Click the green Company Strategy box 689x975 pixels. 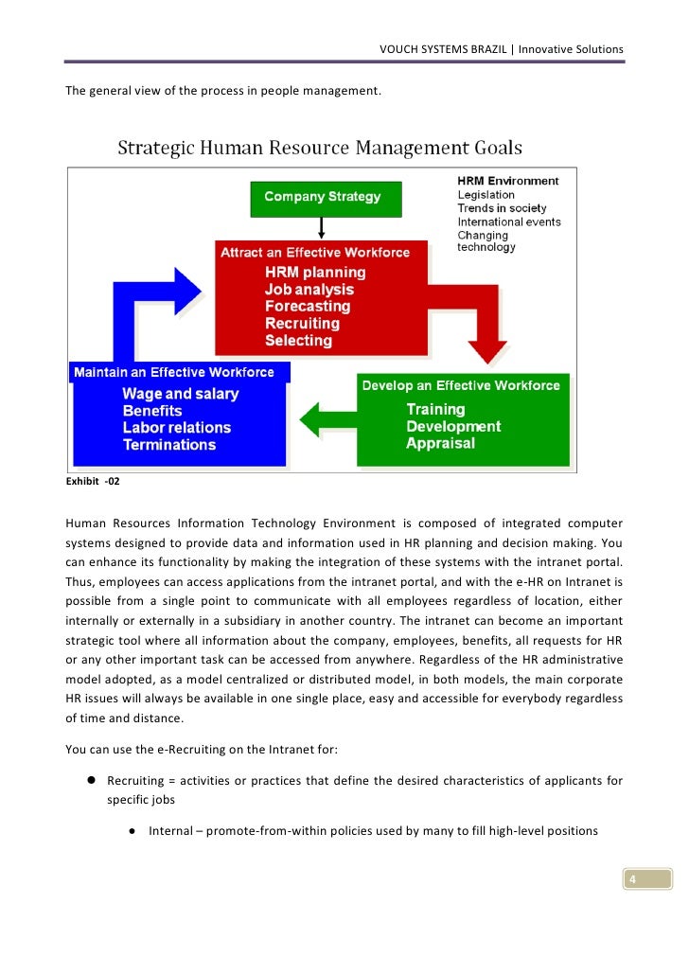pyautogui.click(x=323, y=198)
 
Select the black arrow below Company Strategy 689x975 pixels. pyautogui.click(x=323, y=227)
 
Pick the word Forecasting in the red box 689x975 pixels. pyautogui.click(x=308, y=307)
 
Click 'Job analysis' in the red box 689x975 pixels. pyautogui.click(x=309, y=290)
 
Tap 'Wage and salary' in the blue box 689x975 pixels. pyautogui.click(x=181, y=394)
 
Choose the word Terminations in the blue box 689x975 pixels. pyautogui.click(x=169, y=445)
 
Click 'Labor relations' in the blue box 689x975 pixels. pyautogui.click(x=177, y=428)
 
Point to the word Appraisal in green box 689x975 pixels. pyautogui.click(x=440, y=443)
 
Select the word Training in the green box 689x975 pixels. pyautogui.click(x=435, y=409)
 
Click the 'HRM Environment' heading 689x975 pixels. pyautogui.click(x=507, y=181)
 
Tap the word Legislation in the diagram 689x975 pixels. pyautogui.click(x=486, y=195)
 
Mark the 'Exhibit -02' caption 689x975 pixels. pyautogui.click(x=93, y=482)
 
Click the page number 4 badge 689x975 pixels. pyautogui.click(x=631, y=880)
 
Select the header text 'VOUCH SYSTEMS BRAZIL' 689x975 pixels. pyautogui.click(x=441, y=49)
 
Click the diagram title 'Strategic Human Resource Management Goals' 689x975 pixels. pyautogui.click(x=319, y=149)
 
